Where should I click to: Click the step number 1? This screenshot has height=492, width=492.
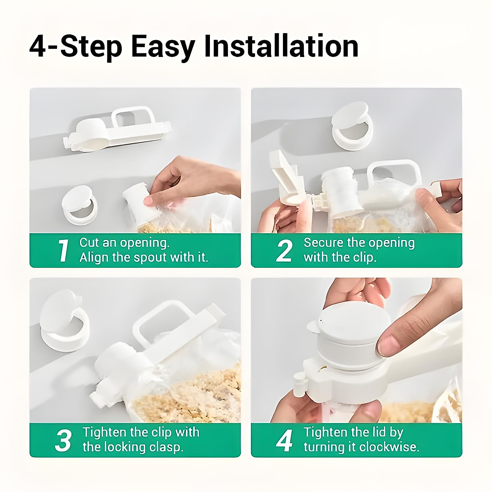pos(63,251)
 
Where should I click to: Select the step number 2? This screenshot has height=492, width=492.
pos(284,251)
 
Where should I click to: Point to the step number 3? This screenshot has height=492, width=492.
pos(63,440)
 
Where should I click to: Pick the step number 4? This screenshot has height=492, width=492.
pos(284,440)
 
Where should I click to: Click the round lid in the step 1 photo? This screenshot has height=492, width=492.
pos(79,204)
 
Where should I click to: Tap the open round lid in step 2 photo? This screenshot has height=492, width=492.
pos(352,125)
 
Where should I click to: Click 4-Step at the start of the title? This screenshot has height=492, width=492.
pos(76,47)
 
